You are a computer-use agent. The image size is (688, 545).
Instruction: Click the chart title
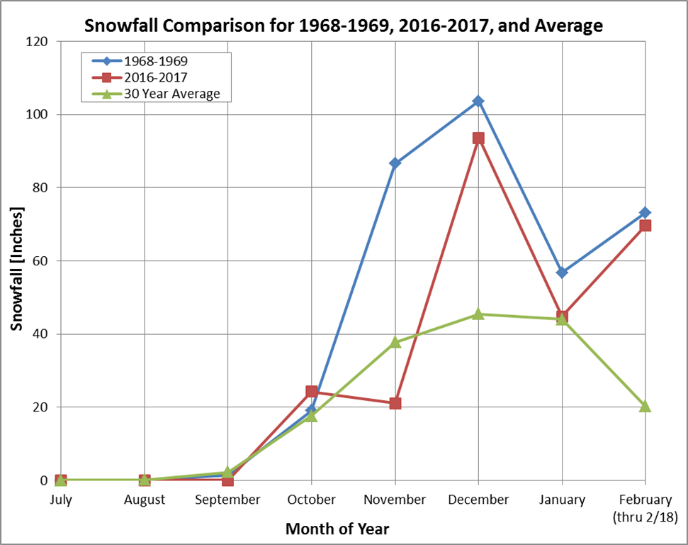[x=344, y=26]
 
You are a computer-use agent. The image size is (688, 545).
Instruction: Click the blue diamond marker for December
[x=478, y=101]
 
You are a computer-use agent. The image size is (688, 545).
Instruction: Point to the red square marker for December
[x=478, y=138]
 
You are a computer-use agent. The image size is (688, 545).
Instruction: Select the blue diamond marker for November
[x=395, y=163]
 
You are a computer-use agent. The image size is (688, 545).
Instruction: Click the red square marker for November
[x=395, y=403]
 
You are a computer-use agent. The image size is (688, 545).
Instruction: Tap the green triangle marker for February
[x=645, y=406]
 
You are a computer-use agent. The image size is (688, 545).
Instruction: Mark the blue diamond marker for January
[x=562, y=272]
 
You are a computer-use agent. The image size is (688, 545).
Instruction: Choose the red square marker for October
[x=312, y=392]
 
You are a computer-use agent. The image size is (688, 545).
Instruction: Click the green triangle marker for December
[x=478, y=314]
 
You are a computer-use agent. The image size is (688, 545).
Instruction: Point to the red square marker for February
[x=645, y=226]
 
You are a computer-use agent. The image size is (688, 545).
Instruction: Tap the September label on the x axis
[x=228, y=500]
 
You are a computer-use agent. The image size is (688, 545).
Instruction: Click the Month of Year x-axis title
[x=337, y=529]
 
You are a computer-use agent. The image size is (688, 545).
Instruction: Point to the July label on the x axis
[x=61, y=500]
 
